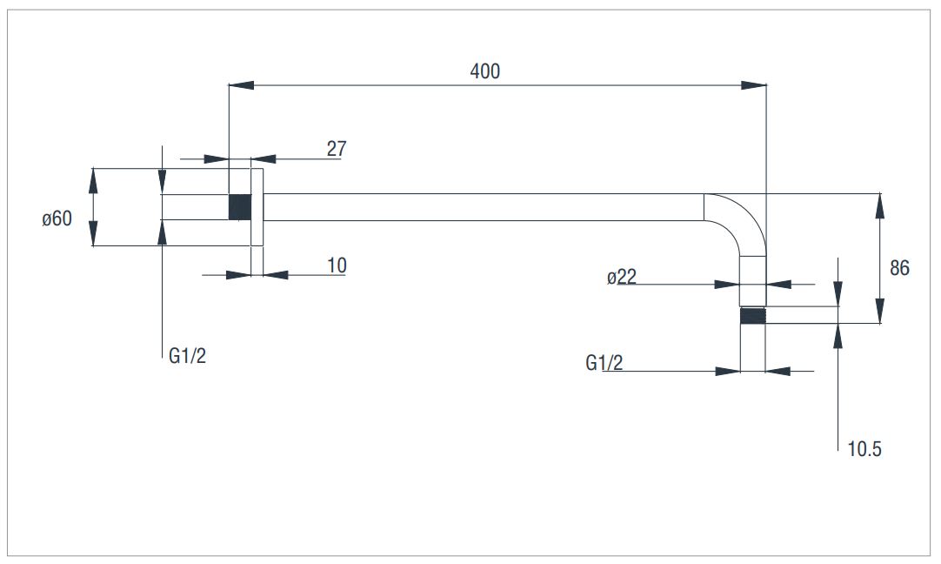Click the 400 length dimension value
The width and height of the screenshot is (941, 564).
(x=485, y=71)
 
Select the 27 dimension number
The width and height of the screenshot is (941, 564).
(x=337, y=148)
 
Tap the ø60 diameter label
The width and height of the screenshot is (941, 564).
(x=57, y=218)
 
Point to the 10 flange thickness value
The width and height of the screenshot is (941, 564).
(x=337, y=265)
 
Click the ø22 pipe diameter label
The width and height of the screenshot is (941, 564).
(x=621, y=277)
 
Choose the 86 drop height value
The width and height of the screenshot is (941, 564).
(x=899, y=268)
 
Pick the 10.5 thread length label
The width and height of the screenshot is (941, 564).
(x=864, y=449)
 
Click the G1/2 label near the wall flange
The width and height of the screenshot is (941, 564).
(x=187, y=356)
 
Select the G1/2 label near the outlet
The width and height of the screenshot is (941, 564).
(x=604, y=363)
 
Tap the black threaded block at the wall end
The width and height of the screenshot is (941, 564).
(x=240, y=207)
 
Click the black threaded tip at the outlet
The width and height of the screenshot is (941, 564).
(x=753, y=316)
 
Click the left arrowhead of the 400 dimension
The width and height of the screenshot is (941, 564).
(x=241, y=85)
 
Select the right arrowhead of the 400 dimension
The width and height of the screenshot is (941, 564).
(x=754, y=85)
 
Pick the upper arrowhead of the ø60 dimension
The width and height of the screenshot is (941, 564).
(x=93, y=181)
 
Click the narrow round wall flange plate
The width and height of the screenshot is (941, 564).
(x=257, y=207)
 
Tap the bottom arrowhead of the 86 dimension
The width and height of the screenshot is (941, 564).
(x=880, y=311)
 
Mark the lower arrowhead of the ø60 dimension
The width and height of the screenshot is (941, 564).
(x=93, y=233)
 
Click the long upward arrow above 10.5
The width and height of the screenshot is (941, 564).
(x=838, y=386)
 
